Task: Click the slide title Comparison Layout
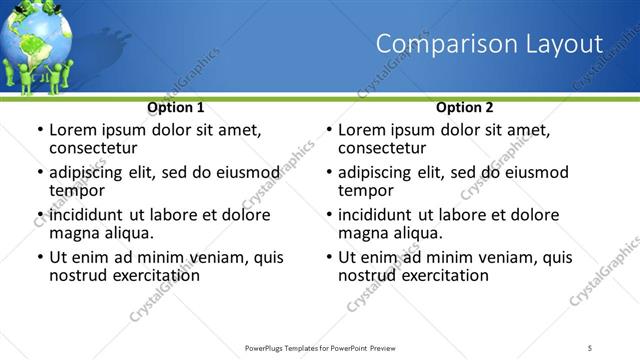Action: point(489,44)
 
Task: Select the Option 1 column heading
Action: point(176,107)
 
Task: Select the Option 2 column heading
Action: point(465,107)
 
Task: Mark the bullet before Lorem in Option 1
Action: point(39,130)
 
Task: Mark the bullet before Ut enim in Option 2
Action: point(328,257)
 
